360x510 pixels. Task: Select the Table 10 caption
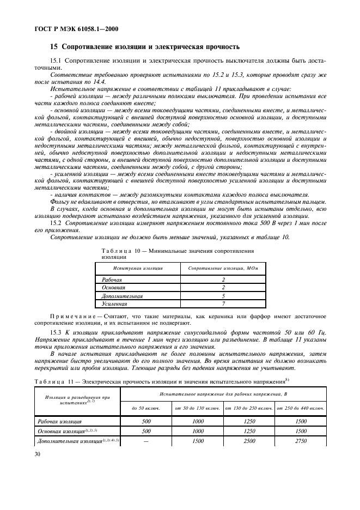178,253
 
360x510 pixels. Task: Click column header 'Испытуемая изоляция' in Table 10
138,268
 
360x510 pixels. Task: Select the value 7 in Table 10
223,303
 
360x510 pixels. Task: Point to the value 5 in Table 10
223,295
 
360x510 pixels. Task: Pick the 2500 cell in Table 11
249,440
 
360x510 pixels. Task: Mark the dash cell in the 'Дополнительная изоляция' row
146,440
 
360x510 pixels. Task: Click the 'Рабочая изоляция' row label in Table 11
60,421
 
